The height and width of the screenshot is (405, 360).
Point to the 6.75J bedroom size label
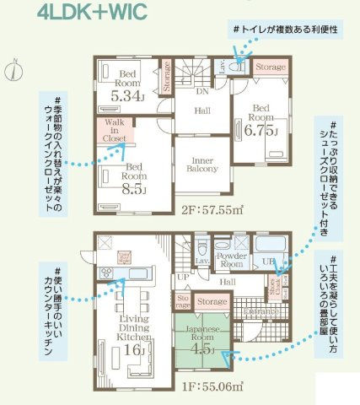260,129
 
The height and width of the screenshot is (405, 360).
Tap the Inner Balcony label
197,164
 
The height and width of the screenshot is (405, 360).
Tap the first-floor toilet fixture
202,251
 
